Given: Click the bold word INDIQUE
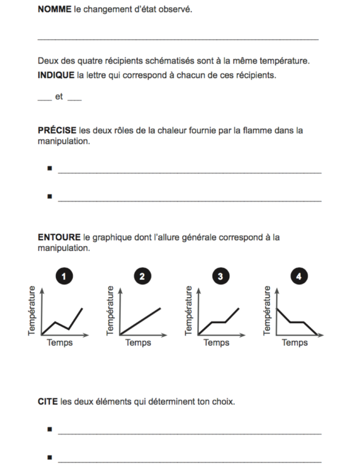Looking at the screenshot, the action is pos(55,75).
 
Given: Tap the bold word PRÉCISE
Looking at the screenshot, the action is pos(57,130).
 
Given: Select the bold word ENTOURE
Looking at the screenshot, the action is pos(59,237).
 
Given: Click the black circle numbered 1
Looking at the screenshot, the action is pos(64,276).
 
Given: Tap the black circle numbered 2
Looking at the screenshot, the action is pos(142,276).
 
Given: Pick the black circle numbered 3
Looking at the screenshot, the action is pos(221,276).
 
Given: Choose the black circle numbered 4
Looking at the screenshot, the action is pos(299,276).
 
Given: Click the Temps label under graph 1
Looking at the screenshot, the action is pos(60,343).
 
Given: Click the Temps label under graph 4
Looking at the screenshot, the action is pos(294,343).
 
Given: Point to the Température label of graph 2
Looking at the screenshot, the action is pos(110,310).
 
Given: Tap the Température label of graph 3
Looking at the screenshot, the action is pos(188,310).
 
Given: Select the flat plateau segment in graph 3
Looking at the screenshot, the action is pos(219,322).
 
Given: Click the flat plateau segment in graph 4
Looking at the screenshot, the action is pos(297,322).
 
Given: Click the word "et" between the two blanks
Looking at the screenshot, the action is pos(59,97).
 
